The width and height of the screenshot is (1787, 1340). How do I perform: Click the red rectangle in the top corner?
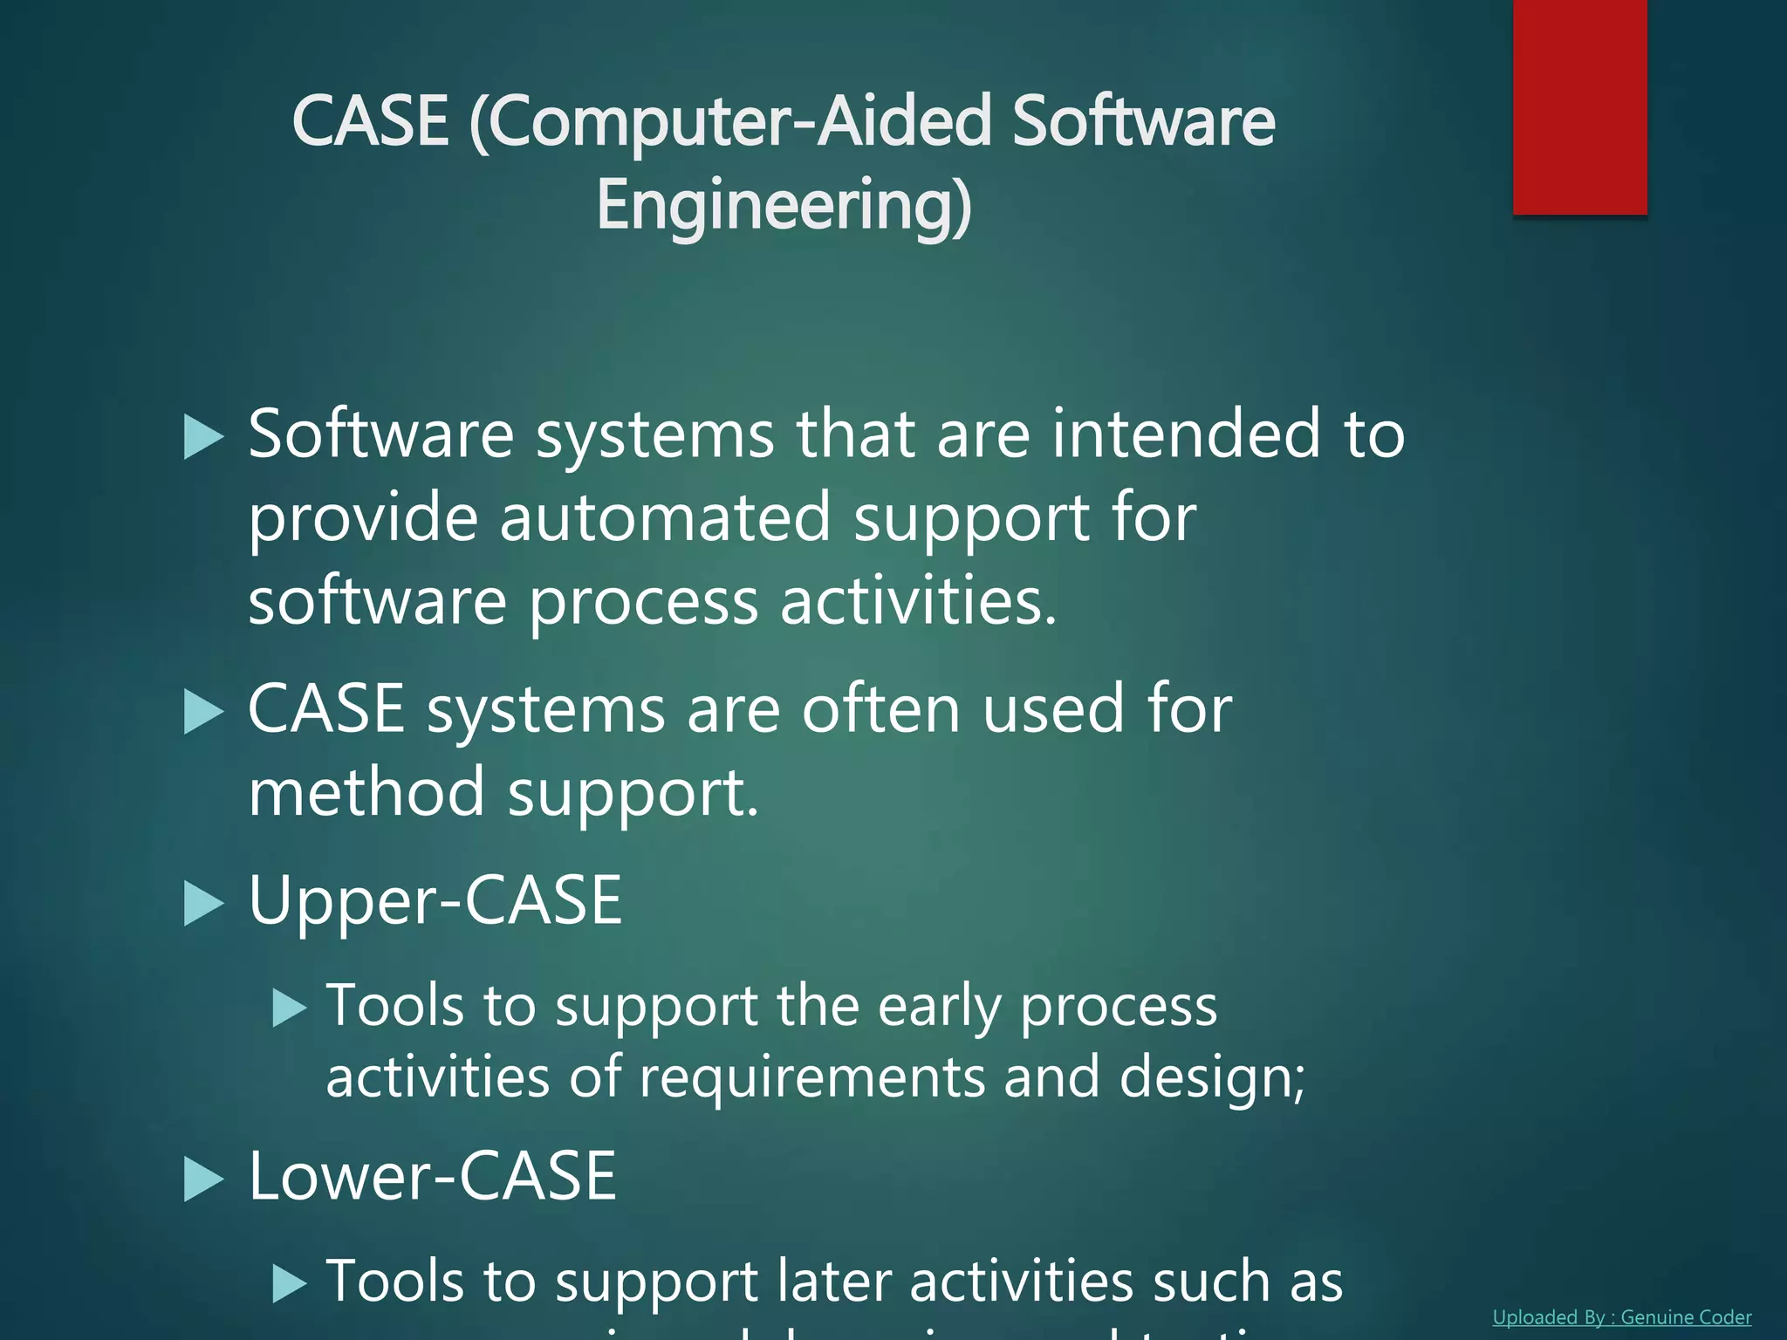click(1579, 106)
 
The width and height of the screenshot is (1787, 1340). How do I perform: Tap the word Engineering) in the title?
click(784, 206)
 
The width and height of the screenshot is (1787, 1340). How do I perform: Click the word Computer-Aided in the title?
click(731, 122)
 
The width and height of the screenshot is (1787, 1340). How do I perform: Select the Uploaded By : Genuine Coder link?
click(1621, 1317)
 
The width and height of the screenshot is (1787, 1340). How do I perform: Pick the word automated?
click(664, 517)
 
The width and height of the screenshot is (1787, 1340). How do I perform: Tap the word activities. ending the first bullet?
click(918, 601)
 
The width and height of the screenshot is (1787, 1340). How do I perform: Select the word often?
click(880, 709)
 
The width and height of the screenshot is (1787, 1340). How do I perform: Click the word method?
click(366, 792)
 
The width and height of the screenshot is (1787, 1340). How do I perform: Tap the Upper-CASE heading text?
click(435, 900)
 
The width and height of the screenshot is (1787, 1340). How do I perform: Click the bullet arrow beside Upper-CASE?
click(203, 903)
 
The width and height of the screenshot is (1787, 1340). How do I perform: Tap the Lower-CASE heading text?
click(433, 1176)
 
